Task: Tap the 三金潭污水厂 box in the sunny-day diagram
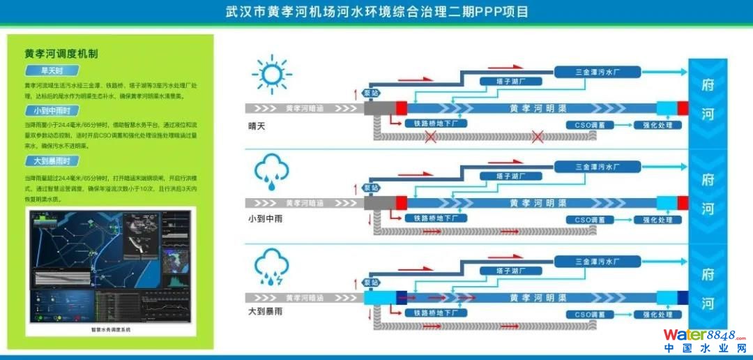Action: [x=597, y=72]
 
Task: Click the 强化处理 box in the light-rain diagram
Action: [x=657, y=220]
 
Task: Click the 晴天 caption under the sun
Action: [x=257, y=126]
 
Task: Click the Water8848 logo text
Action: [x=704, y=336]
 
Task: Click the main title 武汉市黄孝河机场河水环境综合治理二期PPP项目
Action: [x=377, y=12]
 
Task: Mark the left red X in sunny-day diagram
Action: [x=432, y=137]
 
